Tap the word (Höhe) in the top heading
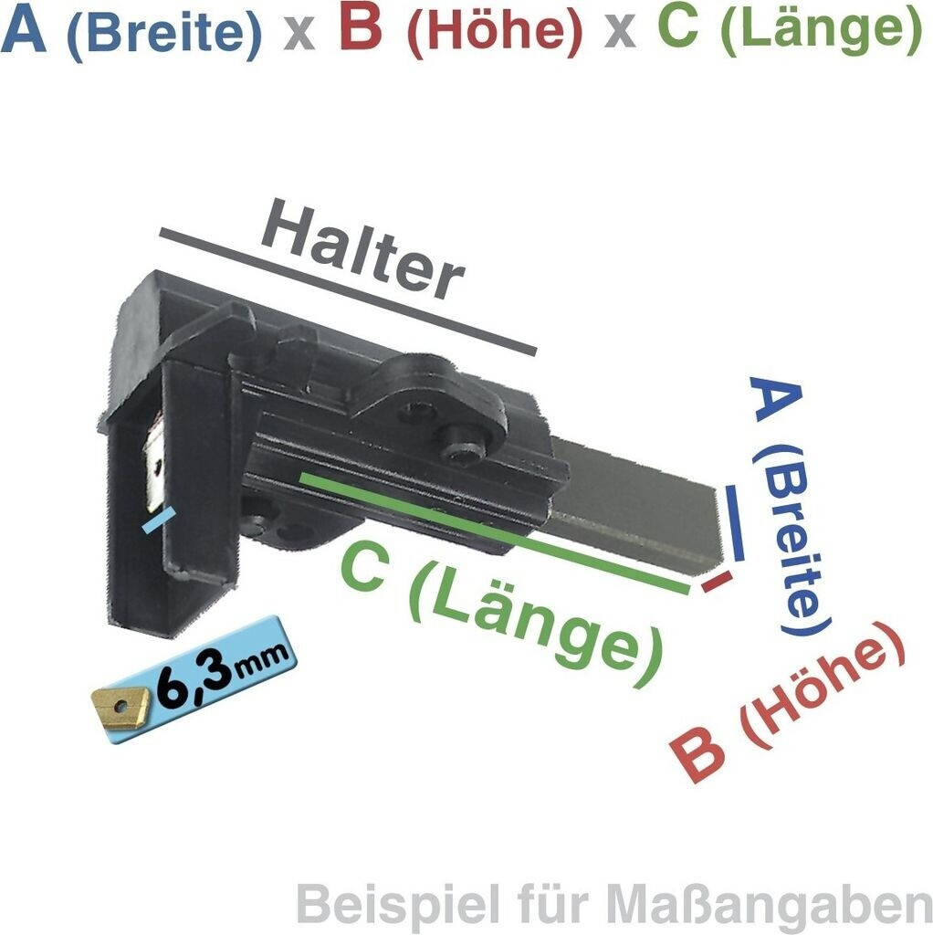click(494, 33)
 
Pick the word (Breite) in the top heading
click(164, 33)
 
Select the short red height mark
click(717, 582)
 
